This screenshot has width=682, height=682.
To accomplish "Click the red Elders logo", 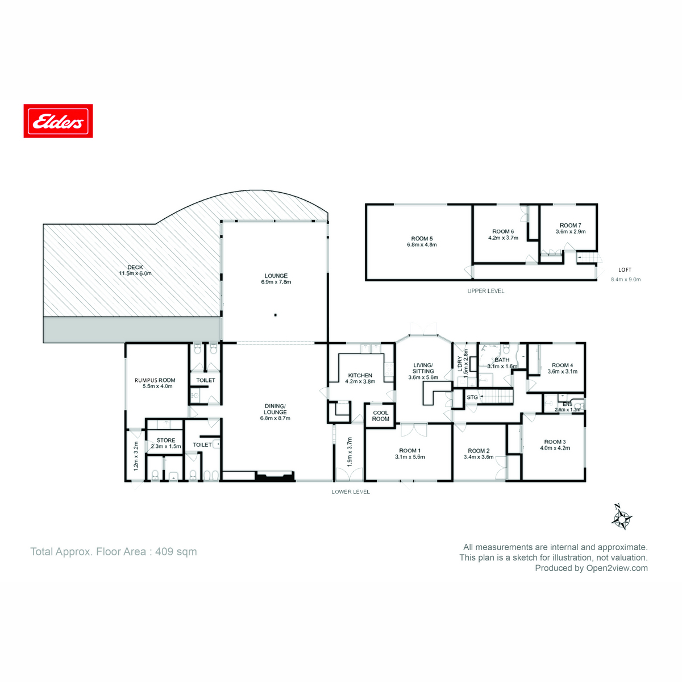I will pyautogui.click(x=58, y=121).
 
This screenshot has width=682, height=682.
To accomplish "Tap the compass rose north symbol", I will pyautogui.click(x=622, y=517).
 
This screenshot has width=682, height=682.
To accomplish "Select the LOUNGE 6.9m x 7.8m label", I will pyautogui.click(x=276, y=278).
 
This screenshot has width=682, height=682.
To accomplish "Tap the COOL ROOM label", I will pyautogui.click(x=381, y=416).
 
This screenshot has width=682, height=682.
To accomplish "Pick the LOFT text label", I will pyautogui.click(x=625, y=270).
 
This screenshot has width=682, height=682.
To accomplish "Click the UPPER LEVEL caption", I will pyautogui.click(x=485, y=291).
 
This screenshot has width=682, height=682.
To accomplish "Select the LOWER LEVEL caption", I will pyautogui.click(x=351, y=492).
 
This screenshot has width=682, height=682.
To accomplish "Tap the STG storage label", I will pyautogui.click(x=472, y=397).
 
